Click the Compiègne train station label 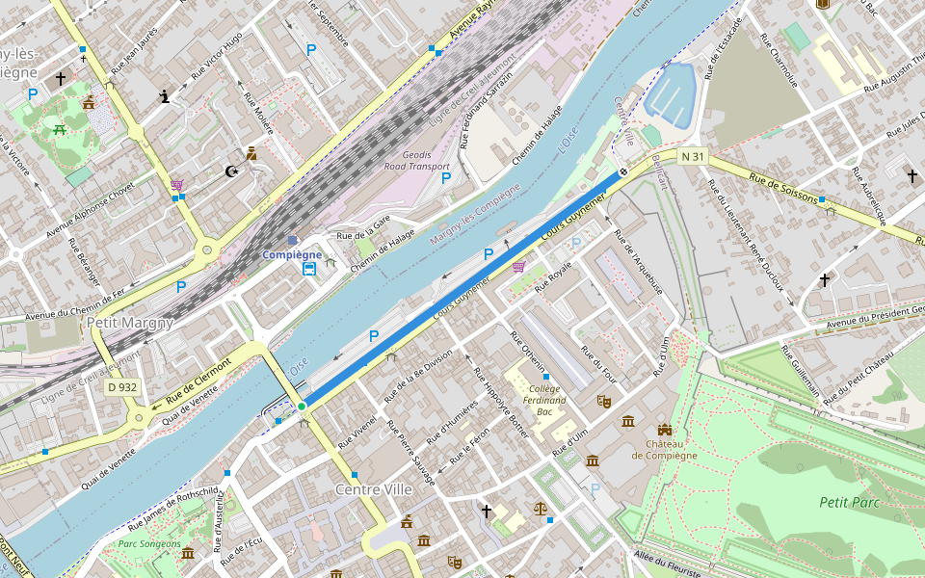[292, 254]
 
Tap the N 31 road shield [693, 156]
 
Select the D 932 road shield [123, 387]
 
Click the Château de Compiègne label [664, 449]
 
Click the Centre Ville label [374, 489]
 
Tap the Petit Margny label [130, 323]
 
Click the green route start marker [302, 407]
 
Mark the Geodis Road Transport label [416, 160]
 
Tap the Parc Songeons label [148, 544]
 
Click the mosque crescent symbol [231, 171]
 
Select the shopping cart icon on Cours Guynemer [518, 266]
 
